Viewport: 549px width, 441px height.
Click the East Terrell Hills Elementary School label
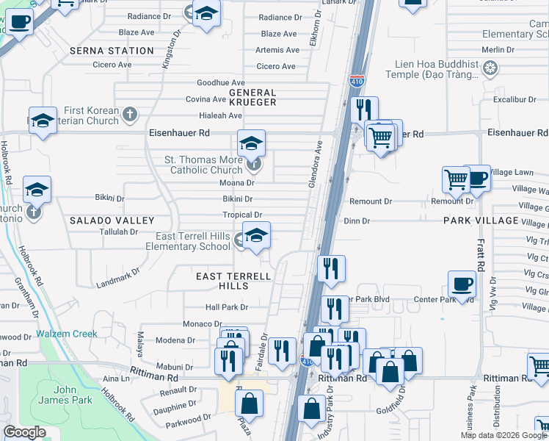(x=194, y=241)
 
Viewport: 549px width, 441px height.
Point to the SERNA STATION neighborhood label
(x=112, y=51)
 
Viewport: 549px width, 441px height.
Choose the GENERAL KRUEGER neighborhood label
(x=252, y=97)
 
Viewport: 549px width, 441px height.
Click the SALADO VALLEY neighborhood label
(x=112, y=220)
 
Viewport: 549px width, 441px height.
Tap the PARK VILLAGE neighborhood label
(x=481, y=220)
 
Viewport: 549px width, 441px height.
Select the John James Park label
(x=73, y=395)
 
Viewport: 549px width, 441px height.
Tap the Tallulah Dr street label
(x=118, y=232)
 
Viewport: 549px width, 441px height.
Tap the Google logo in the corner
(x=24, y=431)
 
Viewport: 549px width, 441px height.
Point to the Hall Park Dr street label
(x=227, y=307)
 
